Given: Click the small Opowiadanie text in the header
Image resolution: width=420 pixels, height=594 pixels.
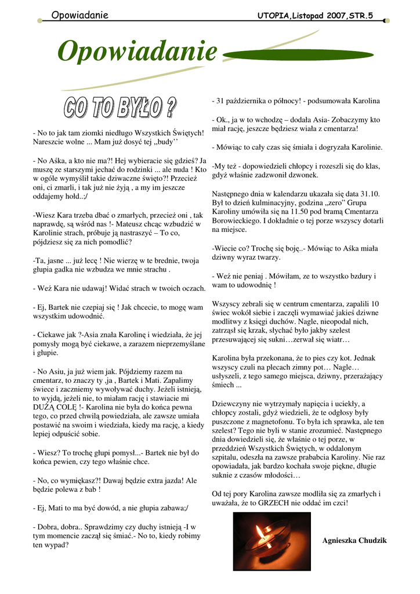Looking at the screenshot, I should pyautogui.click(x=79, y=15).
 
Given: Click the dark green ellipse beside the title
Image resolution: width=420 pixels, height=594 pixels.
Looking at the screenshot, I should pyautogui.click(x=266, y=55).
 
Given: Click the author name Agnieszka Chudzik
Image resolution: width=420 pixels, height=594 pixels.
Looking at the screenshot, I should pyautogui.click(x=354, y=541).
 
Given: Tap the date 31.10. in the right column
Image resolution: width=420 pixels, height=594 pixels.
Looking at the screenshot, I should pyautogui.click(x=367, y=194).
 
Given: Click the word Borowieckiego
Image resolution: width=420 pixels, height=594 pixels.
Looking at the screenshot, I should pyautogui.click(x=237, y=221).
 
